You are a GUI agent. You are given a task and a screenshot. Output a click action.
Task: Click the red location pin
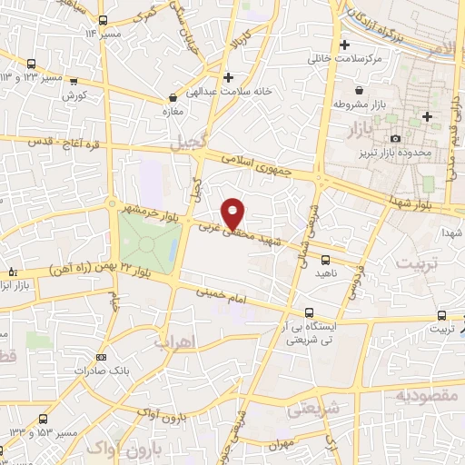pyautogui.click(x=234, y=213)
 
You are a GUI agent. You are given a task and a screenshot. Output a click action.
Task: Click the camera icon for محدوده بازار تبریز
pyautogui.click(x=396, y=137)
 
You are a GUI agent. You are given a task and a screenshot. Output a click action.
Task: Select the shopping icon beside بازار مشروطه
pyautogui.click(x=361, y=91)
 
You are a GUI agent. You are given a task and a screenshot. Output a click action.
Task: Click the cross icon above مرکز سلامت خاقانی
pyautogui.click(x=344, y=45)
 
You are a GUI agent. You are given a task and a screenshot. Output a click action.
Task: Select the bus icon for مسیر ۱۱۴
pyautogui.click(x=102, y=20)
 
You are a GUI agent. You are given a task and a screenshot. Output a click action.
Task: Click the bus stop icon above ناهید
pyautogui.click(x=325, y=260)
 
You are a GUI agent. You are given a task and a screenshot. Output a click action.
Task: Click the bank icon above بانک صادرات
pyautogui.click(x=101, y=357)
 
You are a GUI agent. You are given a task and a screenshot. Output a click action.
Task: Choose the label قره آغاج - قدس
pyautogui.click(x=58, y=143)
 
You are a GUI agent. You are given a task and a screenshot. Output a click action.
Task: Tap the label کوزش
pyautogui.click(x=74, y=94)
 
